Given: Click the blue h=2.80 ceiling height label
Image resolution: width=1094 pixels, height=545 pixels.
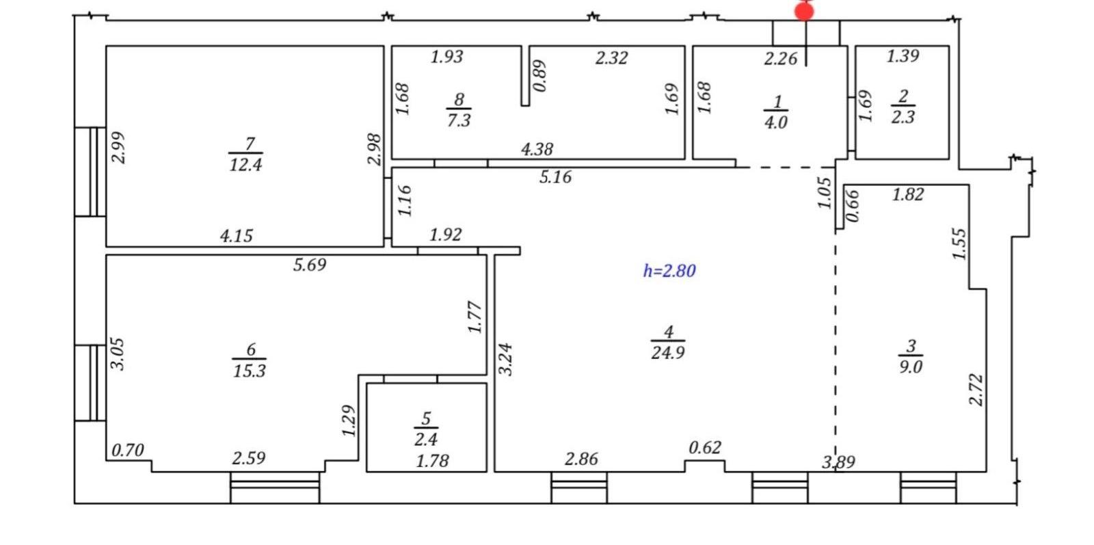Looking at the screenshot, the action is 669,271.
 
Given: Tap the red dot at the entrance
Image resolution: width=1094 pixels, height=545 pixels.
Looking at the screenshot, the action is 804,11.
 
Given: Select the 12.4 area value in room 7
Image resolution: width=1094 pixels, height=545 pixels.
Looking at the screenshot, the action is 245,165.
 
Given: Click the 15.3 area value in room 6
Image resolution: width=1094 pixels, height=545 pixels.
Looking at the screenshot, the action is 249,371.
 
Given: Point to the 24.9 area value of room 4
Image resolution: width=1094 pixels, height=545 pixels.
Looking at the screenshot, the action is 667,352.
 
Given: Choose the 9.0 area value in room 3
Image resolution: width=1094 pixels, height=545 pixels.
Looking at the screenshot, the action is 911,367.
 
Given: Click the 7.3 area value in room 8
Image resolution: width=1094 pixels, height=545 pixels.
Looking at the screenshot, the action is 459,120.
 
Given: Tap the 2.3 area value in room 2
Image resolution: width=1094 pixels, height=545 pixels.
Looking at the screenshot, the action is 903,117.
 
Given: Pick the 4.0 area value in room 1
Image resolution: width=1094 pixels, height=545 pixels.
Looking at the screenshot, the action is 775,122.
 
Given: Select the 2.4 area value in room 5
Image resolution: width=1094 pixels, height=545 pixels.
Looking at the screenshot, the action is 426,439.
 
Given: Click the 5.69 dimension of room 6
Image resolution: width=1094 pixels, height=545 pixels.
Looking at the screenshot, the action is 310,265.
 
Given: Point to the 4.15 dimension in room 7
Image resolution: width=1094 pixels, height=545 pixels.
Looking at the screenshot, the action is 237,237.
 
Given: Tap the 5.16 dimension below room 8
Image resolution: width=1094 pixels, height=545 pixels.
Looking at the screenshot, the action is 555,177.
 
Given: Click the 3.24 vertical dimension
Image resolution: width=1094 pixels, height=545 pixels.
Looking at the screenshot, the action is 505,360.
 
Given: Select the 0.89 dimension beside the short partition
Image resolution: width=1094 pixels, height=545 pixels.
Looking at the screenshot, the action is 539,76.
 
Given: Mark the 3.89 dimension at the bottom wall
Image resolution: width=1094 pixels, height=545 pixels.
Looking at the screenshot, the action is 838,462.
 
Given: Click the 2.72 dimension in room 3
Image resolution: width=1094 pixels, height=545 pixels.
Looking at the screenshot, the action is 975,390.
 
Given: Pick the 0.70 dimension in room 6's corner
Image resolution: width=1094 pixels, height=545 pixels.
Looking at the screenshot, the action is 128,450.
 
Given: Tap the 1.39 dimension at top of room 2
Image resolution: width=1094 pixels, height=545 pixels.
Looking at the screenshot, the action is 903,56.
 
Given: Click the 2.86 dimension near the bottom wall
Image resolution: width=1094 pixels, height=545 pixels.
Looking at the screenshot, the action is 581,459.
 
